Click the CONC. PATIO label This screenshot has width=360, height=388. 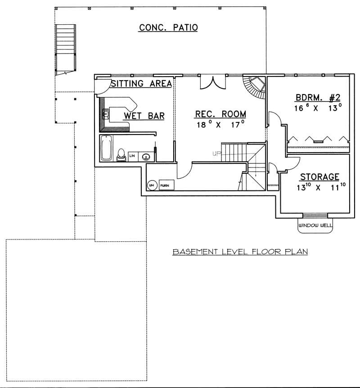click(x=168, y=28)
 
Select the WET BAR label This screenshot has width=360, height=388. click(x=144, y=117)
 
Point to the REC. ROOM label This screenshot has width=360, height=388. click(x=220, y=114)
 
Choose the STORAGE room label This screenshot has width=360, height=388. click(x=319, y=177)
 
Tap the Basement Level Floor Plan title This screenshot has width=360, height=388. click(x=240, y=252)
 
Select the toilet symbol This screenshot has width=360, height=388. click(x=121, y=154)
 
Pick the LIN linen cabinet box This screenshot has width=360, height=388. click(x=133, y=156)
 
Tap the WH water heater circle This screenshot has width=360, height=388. click(x=152, y=185)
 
